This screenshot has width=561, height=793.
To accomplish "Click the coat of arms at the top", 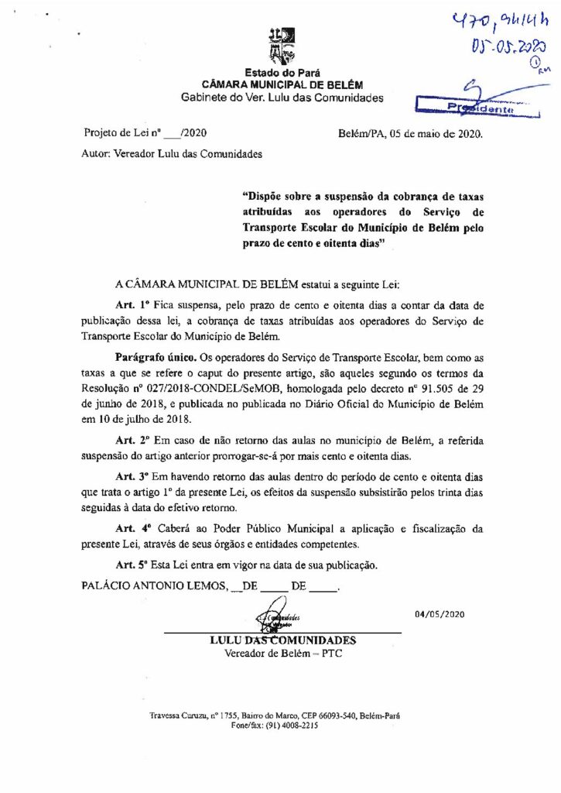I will (x=281, y=46).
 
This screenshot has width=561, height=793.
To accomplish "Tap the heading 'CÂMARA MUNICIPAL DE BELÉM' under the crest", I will (x=282, y=84).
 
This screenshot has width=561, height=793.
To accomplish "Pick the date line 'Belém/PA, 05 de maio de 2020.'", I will (x=410, y=133).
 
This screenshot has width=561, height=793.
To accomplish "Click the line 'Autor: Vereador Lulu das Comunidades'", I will (x=171, y=153).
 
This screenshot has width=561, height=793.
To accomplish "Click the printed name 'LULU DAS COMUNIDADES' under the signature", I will (x=282, y=640).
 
